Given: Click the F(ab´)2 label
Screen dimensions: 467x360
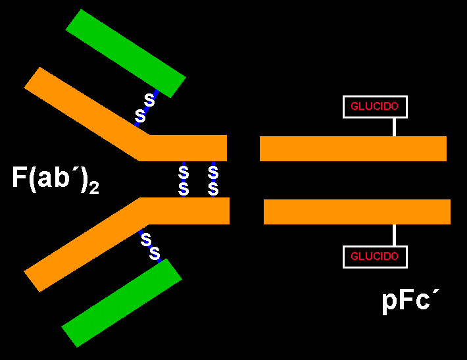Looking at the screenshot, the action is (x=55, y=180).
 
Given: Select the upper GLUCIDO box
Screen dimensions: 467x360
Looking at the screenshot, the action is (x=375, y=107).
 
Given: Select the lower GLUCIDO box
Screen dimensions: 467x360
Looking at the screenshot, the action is (x=375, y=257).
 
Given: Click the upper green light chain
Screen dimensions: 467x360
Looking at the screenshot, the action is (x=126, y=54).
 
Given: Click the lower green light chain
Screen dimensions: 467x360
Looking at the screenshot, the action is (x=122, y=303).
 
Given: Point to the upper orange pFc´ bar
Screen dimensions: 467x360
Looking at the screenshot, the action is (x=353, y=149).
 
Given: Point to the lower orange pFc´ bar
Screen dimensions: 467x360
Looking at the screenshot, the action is (x=357, y=212).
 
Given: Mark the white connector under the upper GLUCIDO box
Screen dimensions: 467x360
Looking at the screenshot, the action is (x=394, y=127).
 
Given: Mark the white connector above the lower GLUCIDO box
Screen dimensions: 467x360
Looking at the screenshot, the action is (x=394, y=235).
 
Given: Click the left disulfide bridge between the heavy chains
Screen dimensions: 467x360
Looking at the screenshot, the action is (x=184, y=180).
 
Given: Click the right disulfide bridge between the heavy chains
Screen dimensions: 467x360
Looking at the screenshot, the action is (x=213, y=180).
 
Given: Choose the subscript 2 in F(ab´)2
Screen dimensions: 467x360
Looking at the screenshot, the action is (x=94, y=188).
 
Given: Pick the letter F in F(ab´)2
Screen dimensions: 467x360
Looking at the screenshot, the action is (x=19, y=177).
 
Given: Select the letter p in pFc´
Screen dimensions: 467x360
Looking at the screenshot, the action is (x=389, y=303).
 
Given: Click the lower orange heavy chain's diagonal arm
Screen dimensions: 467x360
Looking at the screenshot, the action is (x=86, y=245).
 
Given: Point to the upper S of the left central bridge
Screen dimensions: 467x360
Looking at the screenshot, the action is (x=184, y=172).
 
